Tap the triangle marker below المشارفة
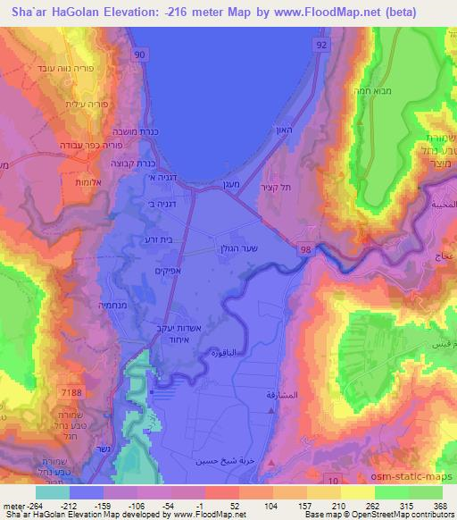(271, 410)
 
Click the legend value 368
(439, 505)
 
